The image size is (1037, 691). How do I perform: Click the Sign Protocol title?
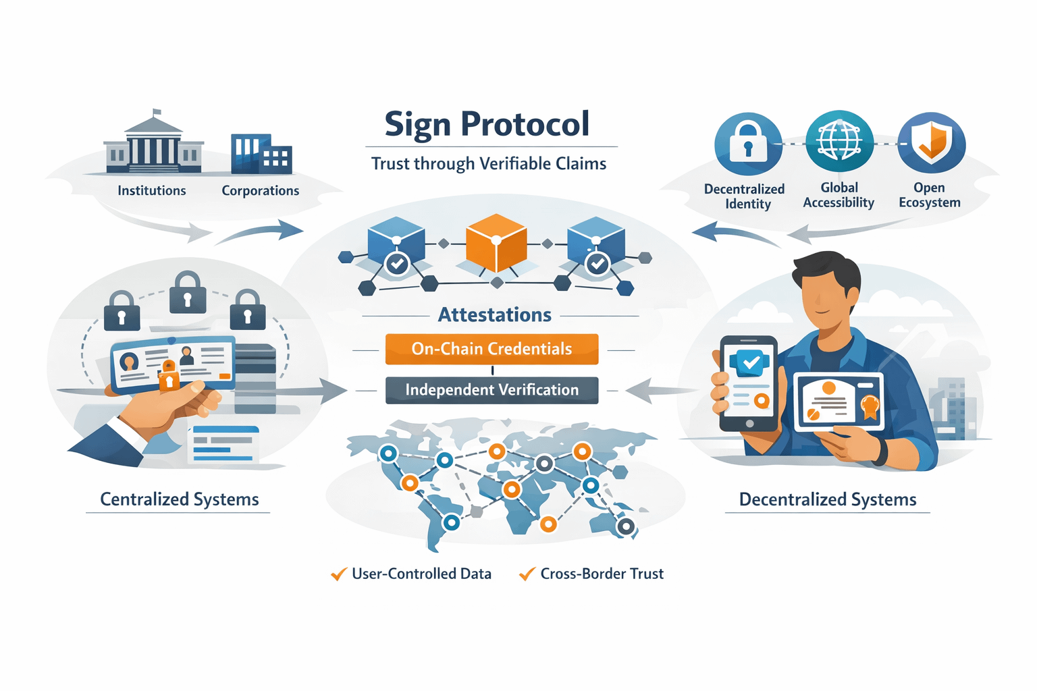tap(487, 125)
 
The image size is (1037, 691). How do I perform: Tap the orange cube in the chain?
tap(496, 243)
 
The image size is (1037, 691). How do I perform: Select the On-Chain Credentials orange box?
tap(491, 349)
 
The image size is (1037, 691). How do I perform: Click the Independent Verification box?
tap(491, 390)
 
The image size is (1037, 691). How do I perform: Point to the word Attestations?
tap(494, 314)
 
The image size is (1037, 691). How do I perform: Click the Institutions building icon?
tap(153, 145)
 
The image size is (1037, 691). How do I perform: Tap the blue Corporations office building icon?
tap(261, 154)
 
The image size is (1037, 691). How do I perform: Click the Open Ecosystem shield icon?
tap(931, 144)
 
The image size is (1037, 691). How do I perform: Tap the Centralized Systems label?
tap(179, 499)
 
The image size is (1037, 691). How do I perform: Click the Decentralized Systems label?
tap(828, 499)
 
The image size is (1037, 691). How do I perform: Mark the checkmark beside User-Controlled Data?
tap(339, 574)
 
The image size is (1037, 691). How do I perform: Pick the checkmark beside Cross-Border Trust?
tap(527, 574)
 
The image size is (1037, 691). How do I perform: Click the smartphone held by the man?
tap(749, 383)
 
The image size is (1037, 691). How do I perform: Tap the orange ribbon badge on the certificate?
tap(870, 406)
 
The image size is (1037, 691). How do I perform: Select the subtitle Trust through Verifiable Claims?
tap(489, 164)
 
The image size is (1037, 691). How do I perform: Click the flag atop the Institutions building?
tap(157, 113)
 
